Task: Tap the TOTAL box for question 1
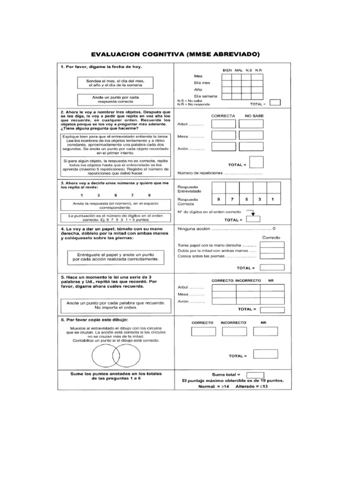point(276,103)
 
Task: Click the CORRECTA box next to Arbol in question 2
point(223,124)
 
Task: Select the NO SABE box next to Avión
point(251,147)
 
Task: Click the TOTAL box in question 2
point(256,163)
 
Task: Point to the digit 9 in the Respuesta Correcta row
point(218,200)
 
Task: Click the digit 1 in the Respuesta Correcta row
point(273,200)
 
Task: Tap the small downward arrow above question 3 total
point(253,214)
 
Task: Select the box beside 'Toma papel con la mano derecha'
point(272,244)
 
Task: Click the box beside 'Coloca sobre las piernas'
point(272,256)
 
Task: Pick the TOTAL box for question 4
point(272,267)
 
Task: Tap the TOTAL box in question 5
point(272,309)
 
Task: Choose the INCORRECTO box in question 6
point(234,331)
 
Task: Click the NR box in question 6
point(265,331)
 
